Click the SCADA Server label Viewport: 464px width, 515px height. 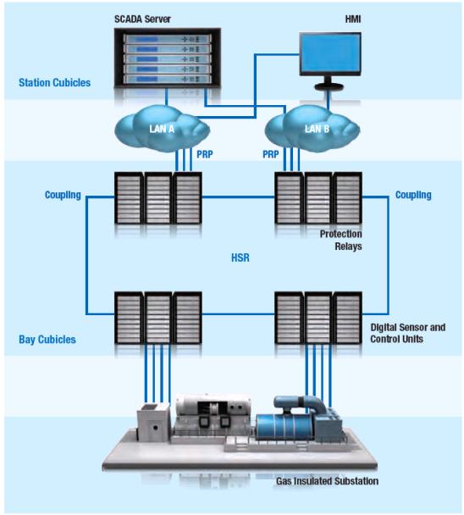(142, 19)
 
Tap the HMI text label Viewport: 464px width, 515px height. (353, 19)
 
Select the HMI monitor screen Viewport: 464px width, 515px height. (330, 53)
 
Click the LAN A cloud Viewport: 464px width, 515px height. (162, 129)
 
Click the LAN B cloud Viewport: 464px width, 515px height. (312, 129)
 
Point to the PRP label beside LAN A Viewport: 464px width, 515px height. (205, 154)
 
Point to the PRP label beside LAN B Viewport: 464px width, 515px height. (271, 154)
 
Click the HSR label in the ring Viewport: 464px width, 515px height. (240, 257)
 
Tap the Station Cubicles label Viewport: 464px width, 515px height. (54, 82)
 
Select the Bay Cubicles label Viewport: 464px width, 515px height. (47, 340)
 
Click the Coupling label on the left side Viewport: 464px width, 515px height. (63, 195)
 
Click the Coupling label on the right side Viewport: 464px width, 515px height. (413, 195)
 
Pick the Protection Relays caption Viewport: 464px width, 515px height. (341, 240)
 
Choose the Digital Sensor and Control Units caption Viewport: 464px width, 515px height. (408, 333)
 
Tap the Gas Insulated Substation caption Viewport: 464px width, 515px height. (327, 481)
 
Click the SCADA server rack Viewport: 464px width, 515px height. (168, 58)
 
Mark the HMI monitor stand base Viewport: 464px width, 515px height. (329, 86)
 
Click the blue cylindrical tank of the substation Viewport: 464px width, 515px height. (285, 427)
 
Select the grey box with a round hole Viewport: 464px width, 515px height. (153, 424)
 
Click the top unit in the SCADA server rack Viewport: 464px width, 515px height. (168, 39)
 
